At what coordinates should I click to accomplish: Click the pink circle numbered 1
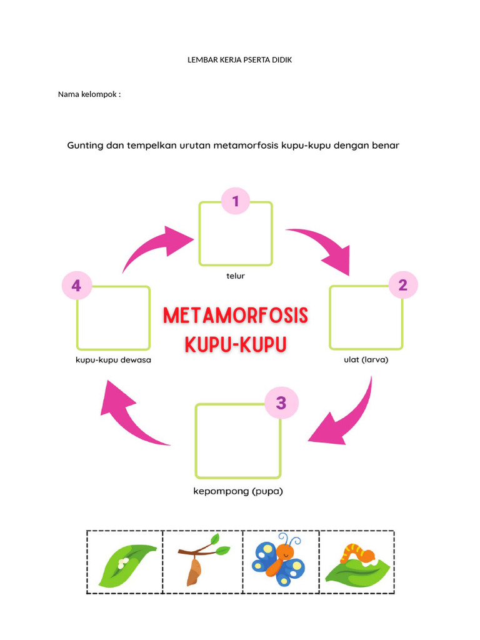tap(236, 201)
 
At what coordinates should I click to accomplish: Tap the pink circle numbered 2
tap(402, 286)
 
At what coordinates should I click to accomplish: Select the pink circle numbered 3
tap(281, 403)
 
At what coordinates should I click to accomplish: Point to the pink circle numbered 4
tap(76, 286)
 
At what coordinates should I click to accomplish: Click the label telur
tap(236, 275)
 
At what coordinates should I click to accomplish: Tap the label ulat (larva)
tap(366, 359)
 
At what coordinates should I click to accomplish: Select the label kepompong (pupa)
tap(238, 491)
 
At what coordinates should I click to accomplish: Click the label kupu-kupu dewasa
tap(113, 360)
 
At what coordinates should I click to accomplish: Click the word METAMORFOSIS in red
tap(236, 316)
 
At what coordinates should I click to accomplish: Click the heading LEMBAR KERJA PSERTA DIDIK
tap(240, 60)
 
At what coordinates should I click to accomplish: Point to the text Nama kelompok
tap(89, 94)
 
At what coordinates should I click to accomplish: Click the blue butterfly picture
tap(279, 561)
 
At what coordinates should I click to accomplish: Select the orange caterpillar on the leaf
tap(357, 553)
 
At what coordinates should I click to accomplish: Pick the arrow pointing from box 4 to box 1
tap(156, 247)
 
